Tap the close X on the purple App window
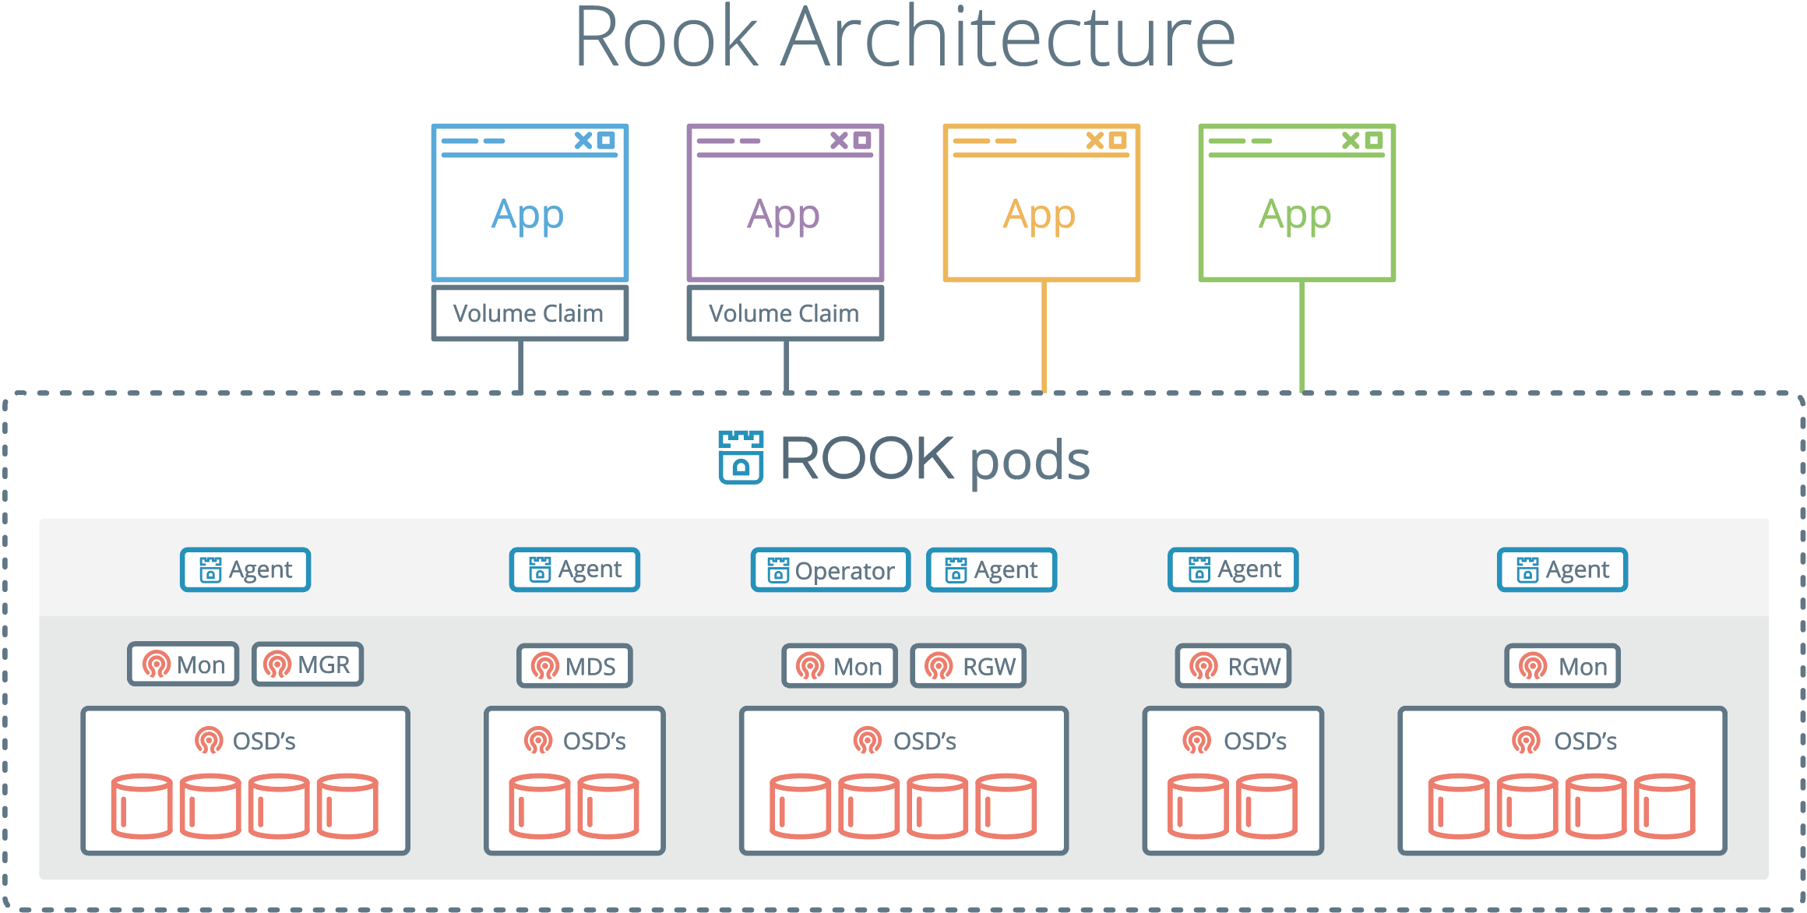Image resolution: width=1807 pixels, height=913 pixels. (839, 140)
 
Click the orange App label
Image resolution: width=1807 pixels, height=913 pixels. (1040, 214)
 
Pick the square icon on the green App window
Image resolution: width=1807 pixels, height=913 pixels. (1374, 140)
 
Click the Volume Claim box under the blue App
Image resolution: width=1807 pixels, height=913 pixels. (530, 313)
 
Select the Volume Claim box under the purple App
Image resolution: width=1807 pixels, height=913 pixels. (785, 313)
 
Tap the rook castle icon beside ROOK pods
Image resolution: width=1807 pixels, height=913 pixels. (741, 458)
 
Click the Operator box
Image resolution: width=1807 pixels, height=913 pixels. (830, 570)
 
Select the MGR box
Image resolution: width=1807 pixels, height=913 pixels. (308, 664)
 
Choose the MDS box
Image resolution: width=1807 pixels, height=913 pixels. (575, 666)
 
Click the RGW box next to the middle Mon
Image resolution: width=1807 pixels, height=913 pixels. (968, 666)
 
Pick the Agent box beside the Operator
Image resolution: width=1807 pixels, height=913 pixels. (992, 570)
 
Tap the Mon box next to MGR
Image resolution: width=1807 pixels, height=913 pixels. (184, 664)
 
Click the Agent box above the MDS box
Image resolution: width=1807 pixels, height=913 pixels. (575, 569)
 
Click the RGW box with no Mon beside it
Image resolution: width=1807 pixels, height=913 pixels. (1233, 666)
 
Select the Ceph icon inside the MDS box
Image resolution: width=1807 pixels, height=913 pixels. (544, 667)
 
